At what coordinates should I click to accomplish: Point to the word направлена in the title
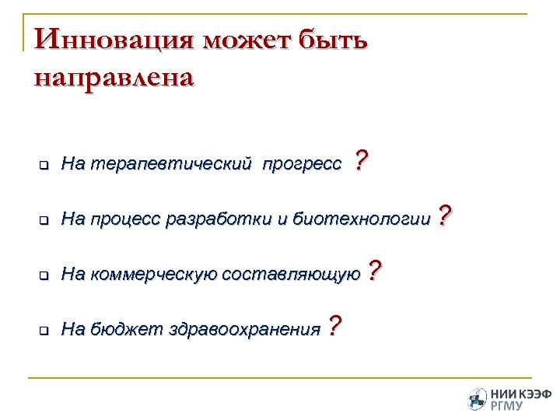(114, 78)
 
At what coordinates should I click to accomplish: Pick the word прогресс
(302, 164)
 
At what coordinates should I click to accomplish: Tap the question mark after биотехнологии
(444, 215)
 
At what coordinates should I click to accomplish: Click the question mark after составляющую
(374, 271)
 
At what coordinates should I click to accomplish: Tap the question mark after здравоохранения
(334, 326)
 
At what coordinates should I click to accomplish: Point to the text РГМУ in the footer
(507, 405)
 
